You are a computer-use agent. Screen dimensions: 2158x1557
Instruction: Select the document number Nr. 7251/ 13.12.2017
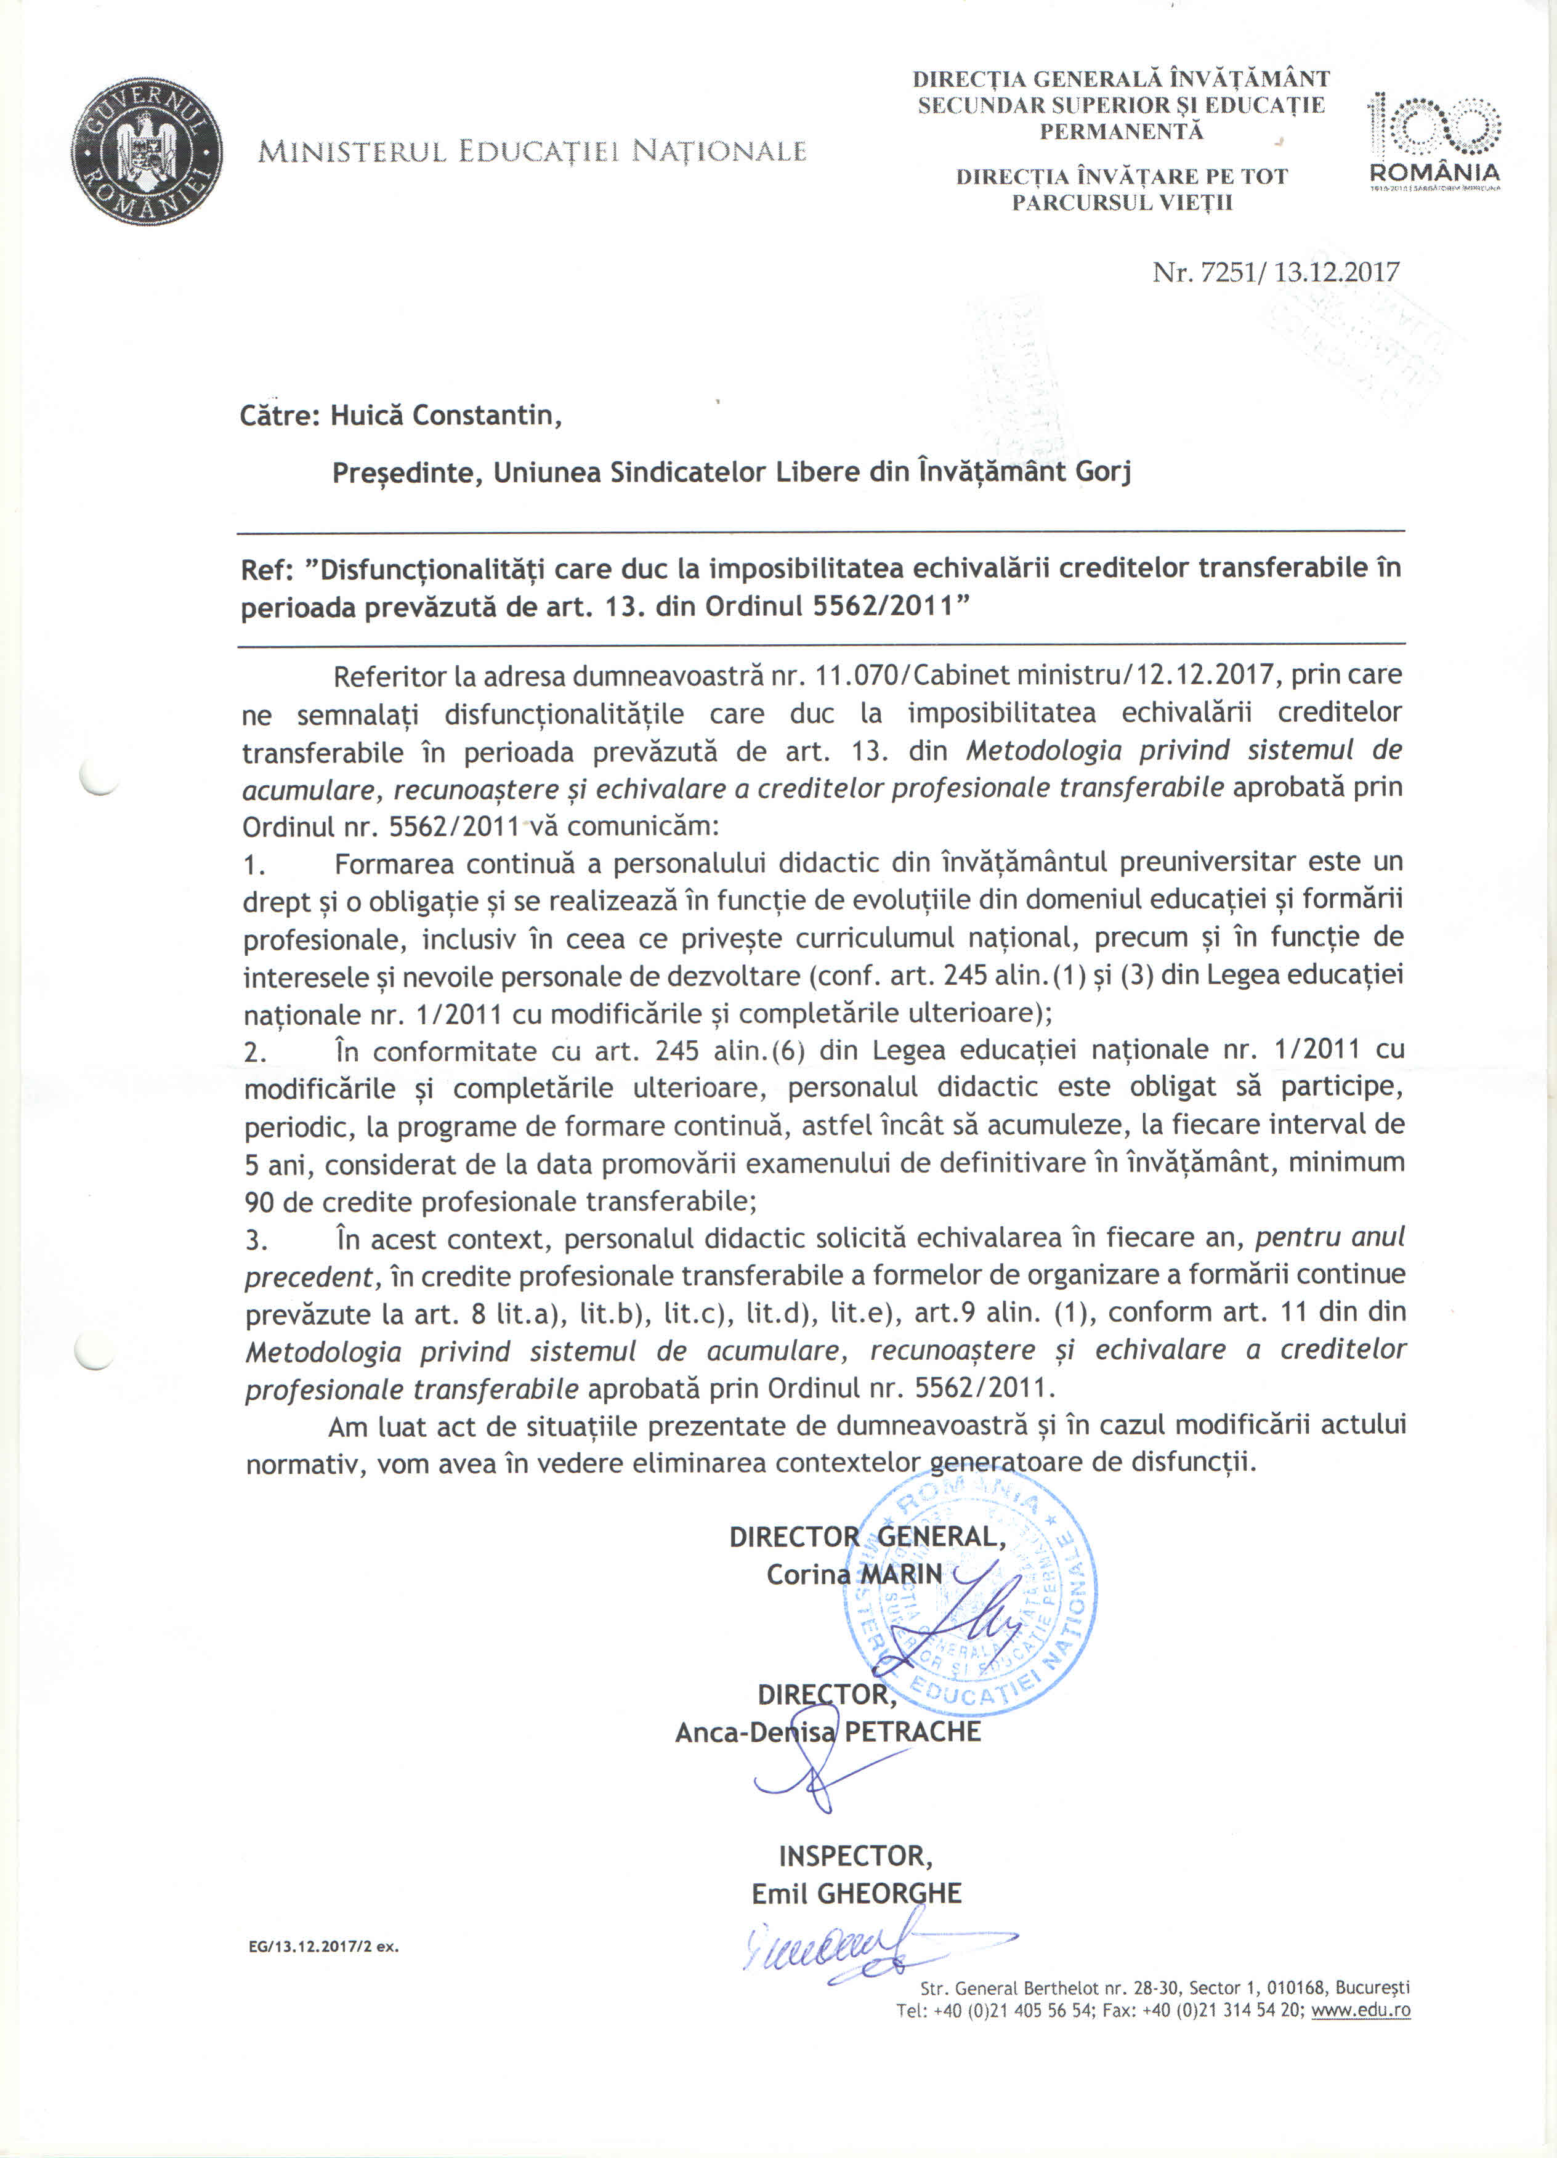point(1276,272)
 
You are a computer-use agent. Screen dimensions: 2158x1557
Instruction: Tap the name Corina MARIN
point(854,1575)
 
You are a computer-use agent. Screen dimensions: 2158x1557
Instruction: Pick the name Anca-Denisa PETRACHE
point(827,1732)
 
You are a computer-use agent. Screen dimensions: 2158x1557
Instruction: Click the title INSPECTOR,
point(855,1856)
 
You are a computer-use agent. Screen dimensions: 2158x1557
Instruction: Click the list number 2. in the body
point(255,1053)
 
